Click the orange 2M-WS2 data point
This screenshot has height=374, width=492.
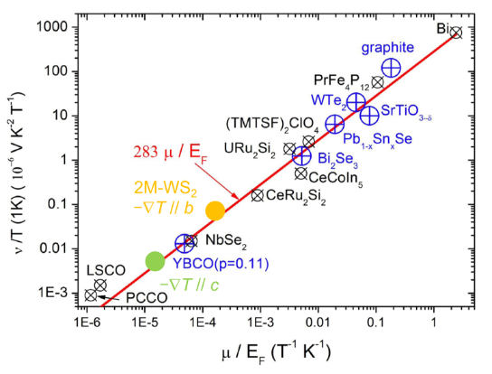click(215, 210)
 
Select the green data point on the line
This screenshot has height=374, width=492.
click(155, 261)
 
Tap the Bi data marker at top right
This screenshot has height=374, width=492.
click(456, 33)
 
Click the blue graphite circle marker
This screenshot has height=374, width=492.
click(391, 68)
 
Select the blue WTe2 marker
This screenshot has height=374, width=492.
click(356, 102)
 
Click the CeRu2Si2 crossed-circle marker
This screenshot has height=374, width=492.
click(257, 194)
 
